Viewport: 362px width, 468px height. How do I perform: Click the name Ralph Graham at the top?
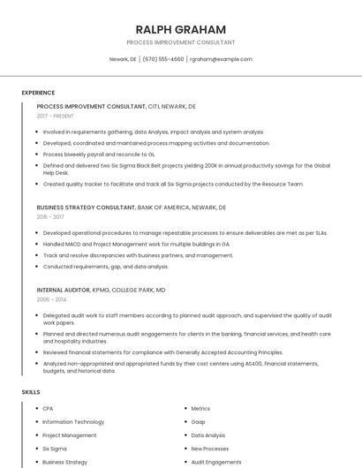click(181, 29)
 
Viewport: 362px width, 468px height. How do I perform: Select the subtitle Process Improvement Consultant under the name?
click(181, 42)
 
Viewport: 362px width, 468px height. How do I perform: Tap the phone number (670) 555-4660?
click(162, 59)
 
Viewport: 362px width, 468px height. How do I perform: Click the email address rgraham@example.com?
click(221, 59)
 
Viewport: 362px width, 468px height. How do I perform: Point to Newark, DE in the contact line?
click(123, 59)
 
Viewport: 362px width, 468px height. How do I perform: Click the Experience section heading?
click(38, 93)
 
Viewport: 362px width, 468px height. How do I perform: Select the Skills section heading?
click(30, 391)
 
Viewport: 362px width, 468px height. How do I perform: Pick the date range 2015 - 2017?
click(50, 216)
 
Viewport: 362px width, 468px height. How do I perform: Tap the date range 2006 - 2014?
click(50, 299)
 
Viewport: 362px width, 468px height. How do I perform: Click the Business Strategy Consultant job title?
click(87, 207)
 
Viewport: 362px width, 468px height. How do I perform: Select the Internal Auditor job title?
click(64, 290)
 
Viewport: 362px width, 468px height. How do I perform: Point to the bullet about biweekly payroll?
click(99, 154)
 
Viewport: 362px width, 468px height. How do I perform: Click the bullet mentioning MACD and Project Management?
click(136, 244)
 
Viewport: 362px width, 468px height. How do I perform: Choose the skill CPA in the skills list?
click(48, 409)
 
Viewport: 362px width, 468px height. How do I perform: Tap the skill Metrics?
click(200, 409)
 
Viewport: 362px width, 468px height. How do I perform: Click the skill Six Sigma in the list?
click(55, 449)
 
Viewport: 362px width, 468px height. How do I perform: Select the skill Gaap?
click(199, 422)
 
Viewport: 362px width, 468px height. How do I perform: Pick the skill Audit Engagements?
click(215, 462)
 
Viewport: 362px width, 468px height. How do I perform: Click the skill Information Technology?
click(73, 422)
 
